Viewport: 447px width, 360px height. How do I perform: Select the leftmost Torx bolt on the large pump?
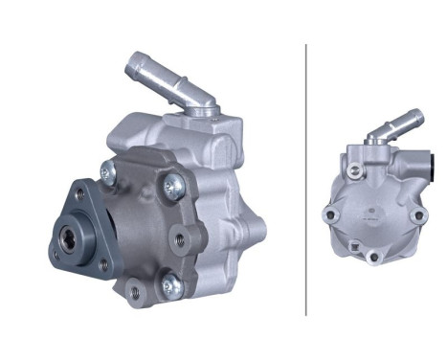coord(109,173)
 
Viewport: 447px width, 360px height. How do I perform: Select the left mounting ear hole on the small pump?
coord(329,216)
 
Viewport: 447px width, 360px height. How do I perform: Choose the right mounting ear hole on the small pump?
coord(417,216)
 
